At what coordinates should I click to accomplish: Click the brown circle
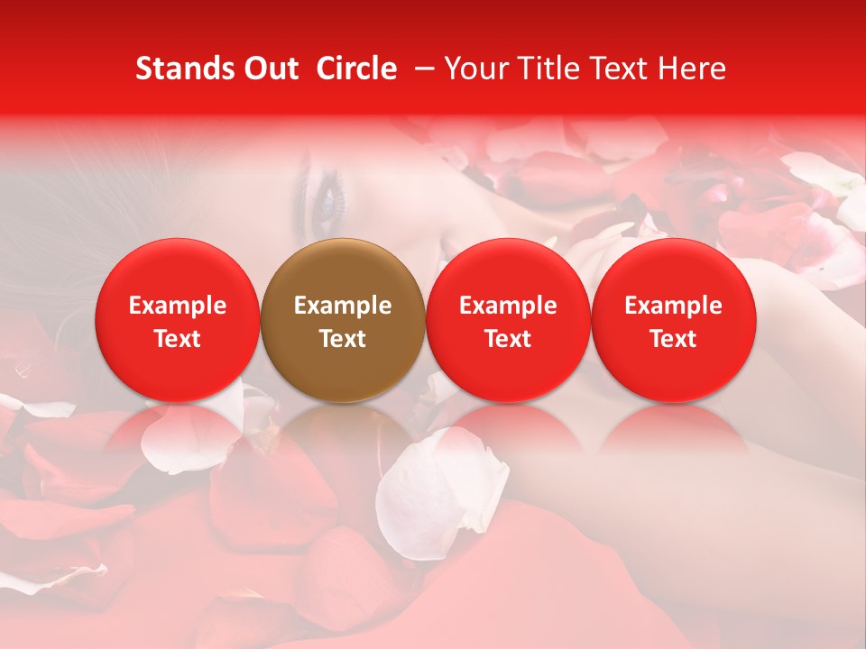click(343, 320)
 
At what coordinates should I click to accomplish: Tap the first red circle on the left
click(178, 320)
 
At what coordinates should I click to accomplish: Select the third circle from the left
click(508, 320)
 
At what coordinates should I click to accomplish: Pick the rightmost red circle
click(673, 320)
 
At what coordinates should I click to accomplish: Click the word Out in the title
click(268, 69)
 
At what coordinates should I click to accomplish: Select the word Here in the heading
click(693, 69)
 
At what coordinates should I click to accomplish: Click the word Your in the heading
click(474, 69)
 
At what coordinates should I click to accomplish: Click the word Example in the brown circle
click(343, 306)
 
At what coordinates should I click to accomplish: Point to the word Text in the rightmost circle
click(673, 339)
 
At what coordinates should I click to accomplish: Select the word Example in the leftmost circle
click(178, 306)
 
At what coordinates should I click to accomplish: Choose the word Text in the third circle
click(508, 339)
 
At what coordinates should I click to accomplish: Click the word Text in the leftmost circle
click(178, 339)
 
